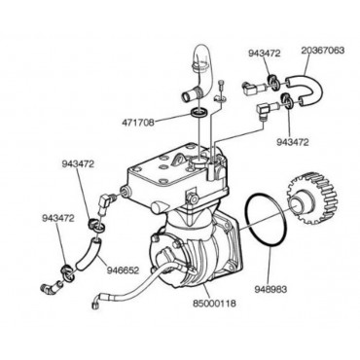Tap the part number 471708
point(138,123)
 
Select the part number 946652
point(123,270)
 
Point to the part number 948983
point(270,289)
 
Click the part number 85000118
point(214,304)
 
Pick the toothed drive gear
point(312,198)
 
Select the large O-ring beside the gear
point(266,220)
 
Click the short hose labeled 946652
point(88,254)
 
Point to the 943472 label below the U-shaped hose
point(292,142)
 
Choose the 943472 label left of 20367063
point(264,54)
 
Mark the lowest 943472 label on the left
point(57,218)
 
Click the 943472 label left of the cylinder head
point(78,164)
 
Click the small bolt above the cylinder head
point(222,85)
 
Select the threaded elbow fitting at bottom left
point(51,286)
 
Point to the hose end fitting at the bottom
point(95,303)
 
